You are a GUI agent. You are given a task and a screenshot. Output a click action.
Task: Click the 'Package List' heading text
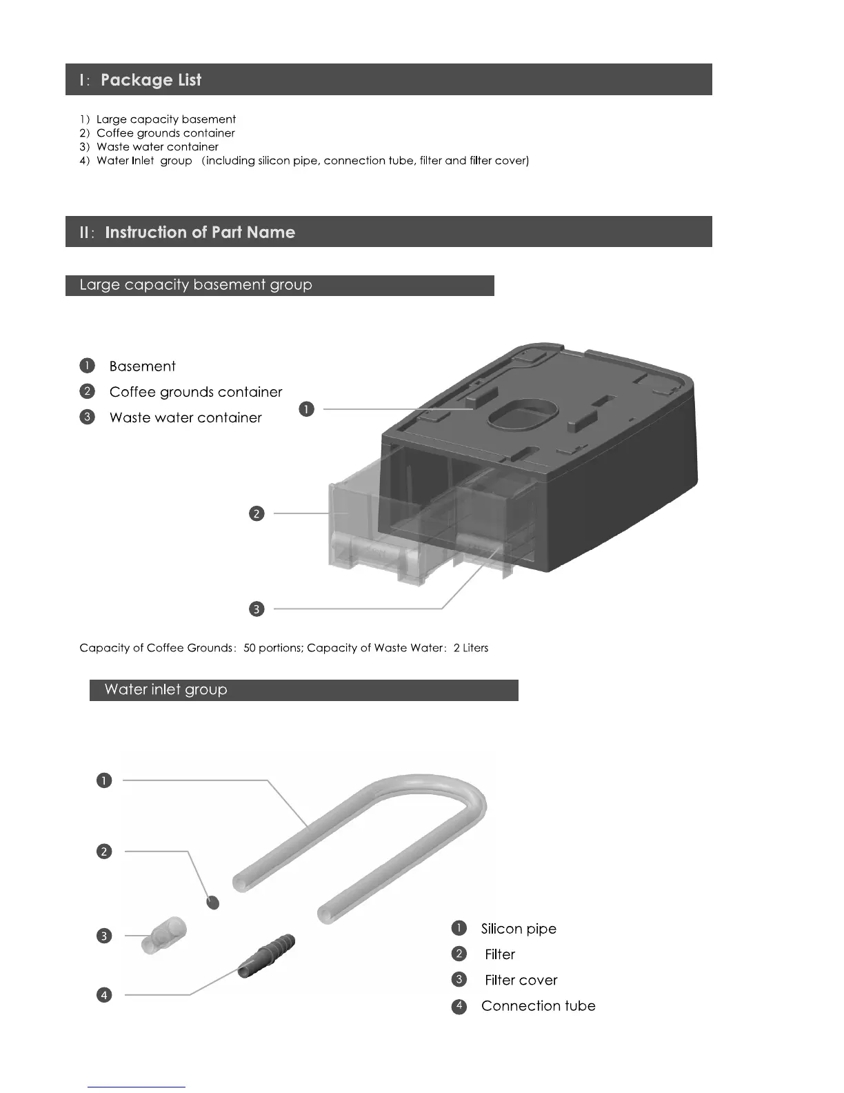pos(150,80)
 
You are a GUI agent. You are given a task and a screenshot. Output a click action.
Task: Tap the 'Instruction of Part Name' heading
pos(199,233)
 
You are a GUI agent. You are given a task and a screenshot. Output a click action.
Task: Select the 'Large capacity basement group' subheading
pos(196,285)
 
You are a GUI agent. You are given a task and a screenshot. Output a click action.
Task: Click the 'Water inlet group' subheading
pos(165,690)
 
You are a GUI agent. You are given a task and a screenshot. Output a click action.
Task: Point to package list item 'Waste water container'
pos(157,147)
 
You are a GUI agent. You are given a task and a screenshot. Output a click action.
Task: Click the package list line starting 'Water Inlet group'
pos(312,161)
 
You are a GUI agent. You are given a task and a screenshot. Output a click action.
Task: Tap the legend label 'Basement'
pos(142,366)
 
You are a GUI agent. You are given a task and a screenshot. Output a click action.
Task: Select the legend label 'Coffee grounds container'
pos(196,392)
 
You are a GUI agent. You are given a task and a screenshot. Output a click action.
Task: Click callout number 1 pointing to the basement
pos(307,409)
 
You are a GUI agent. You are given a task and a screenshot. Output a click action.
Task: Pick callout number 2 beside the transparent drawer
pos(257,513)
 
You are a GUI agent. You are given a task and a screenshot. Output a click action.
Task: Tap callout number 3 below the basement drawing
pos(257,609)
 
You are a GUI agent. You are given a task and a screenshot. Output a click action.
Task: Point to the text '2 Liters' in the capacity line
pos(471,648)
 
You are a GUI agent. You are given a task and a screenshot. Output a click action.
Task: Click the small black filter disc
pos(213,902)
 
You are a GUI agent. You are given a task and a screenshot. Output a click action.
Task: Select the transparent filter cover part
pos(165,936)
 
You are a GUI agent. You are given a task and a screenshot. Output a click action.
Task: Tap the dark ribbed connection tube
pos(266,955)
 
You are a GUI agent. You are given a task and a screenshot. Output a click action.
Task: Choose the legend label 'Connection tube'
pos(538,1006)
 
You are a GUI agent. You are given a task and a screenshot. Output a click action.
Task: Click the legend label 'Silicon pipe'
pos(519,929)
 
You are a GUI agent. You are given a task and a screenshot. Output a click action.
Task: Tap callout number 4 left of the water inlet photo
pos(104,995)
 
